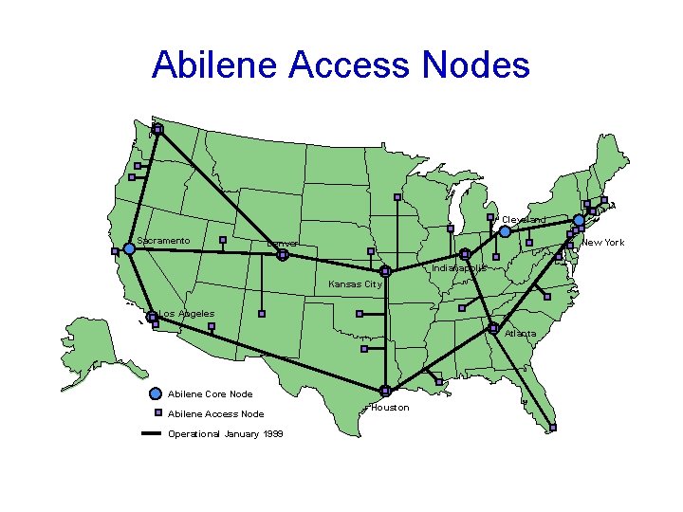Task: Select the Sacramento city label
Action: tap(163, 241)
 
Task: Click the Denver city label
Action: tap(283, 244)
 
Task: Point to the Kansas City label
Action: tap(355, 284)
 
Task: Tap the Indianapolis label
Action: tap(459, 268)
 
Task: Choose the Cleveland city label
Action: tap(524, 220)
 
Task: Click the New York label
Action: tap(602, 243)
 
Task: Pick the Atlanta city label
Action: tap(520, 334)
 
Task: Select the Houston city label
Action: tap(390, 408)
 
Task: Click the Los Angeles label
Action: tap(186, 314)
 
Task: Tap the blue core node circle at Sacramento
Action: tap(129, 248)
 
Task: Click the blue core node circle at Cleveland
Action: tap(506, 231)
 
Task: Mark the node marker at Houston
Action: tap(385, 391)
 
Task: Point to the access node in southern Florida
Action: tap(553, 428)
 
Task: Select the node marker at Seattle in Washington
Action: tap(157, 129)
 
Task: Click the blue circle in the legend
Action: tap(156, 393)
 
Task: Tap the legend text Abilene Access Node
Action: tap(215, 414)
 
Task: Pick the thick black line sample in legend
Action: tap(152, 434)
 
